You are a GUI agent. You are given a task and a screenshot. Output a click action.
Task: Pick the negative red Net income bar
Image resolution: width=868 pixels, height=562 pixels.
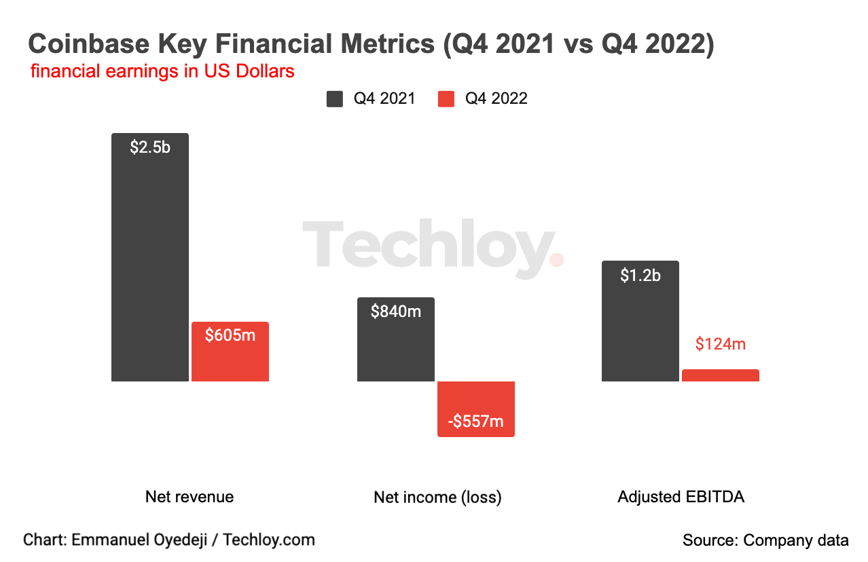(476, 400)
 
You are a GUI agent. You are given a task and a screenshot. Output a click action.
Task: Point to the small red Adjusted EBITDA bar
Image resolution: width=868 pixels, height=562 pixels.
(721, 375)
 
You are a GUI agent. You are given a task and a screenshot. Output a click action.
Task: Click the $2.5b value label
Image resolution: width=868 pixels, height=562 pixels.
(150, 147)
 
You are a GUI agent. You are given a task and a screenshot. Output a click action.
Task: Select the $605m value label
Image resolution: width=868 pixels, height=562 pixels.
(230, 335)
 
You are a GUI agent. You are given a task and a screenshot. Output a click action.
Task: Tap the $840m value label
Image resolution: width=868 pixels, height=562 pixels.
(396, 312)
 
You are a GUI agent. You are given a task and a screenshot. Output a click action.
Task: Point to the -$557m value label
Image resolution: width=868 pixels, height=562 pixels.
(476, 421)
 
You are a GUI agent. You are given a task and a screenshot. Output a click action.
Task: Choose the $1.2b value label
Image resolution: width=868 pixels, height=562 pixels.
(640, 276)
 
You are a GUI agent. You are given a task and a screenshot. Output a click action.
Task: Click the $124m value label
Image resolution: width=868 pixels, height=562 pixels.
(721, 344)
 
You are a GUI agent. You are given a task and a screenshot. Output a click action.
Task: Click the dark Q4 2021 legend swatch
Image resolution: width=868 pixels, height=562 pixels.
(335, 99)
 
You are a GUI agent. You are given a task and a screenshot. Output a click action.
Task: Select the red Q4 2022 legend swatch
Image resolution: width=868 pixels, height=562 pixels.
(446, 99)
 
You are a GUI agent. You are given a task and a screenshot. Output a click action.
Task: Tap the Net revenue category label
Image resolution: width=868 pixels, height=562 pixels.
(189, 497)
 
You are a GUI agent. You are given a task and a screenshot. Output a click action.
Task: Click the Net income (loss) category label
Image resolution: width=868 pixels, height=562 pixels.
(437, 498)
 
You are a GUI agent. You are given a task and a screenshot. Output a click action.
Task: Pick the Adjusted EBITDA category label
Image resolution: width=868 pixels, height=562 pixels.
(681, 497)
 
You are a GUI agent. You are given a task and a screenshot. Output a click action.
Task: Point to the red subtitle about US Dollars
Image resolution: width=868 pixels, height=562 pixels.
(162, 71)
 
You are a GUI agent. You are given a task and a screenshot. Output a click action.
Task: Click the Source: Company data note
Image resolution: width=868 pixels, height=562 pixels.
(765, 540)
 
